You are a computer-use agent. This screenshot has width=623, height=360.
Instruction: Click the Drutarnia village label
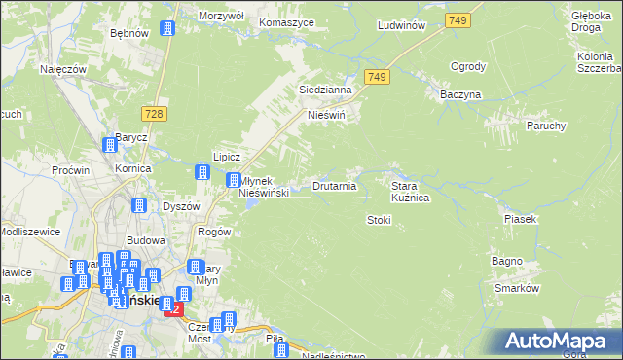point(334,185)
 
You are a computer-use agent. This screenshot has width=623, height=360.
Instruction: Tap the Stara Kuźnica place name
point(411,191)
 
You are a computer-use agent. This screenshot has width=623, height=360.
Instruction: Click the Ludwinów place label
point(402,25)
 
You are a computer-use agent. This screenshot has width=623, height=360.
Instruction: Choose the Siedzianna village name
point(324,90)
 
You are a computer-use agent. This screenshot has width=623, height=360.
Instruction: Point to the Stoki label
point(379,220)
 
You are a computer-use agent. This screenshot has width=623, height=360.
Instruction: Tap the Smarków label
point(516,289)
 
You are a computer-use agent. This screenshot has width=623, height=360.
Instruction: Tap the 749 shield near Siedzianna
point(379,77)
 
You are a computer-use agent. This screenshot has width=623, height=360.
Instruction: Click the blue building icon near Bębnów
point(166,28)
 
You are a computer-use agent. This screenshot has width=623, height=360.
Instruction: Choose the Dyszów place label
point(180,206)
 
